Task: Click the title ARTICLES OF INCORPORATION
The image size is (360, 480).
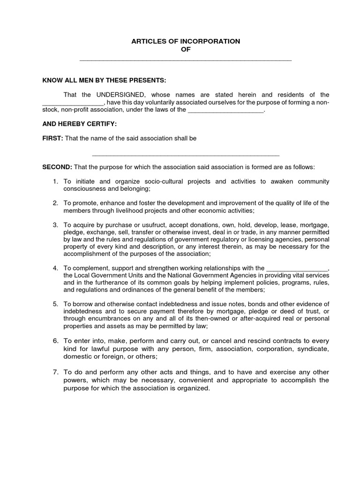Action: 186,41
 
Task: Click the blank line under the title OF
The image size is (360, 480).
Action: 186,60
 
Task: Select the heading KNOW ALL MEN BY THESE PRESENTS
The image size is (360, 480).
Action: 105,80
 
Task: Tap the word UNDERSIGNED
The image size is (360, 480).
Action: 124,95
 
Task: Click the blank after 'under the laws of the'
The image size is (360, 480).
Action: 226,110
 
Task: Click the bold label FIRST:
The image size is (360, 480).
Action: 52,138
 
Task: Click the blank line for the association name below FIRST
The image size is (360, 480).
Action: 186,154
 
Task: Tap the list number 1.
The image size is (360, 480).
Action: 55,181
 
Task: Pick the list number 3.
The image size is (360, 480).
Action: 55,225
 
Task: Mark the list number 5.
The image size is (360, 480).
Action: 55,304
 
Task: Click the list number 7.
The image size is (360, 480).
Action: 55,372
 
